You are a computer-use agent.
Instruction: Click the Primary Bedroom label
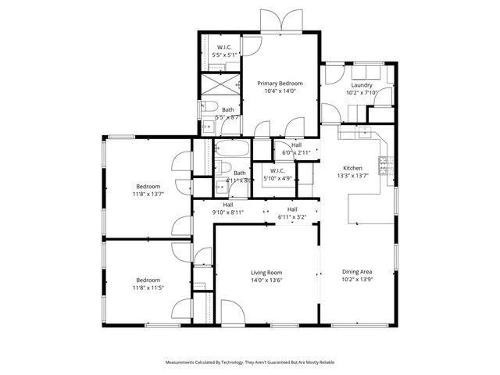pos(280,83)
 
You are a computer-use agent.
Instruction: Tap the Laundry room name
pos(361,85)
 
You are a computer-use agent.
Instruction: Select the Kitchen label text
pos(352,168)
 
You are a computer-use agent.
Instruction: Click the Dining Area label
pos(356,272)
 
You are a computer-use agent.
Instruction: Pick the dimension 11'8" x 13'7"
pos(148,195)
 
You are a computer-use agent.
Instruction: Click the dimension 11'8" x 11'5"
pos(148,287)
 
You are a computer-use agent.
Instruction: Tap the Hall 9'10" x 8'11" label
pos(228,209)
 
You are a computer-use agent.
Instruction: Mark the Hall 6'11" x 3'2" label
pos(292,212)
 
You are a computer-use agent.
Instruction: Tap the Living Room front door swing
pos(232,311)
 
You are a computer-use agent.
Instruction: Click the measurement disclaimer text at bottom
pos(250,362)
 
